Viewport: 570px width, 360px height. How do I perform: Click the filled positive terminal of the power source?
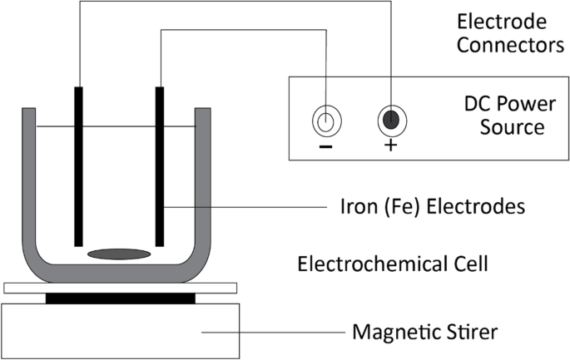390,121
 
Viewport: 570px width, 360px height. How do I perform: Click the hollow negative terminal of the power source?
325,121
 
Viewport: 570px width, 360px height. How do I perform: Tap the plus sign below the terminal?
390,147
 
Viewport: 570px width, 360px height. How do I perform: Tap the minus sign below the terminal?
325,147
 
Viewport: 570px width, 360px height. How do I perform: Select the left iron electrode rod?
81,165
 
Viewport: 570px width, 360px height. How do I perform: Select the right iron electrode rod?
159,165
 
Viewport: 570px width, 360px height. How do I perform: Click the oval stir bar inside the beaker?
119,253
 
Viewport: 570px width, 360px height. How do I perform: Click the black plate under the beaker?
120,297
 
